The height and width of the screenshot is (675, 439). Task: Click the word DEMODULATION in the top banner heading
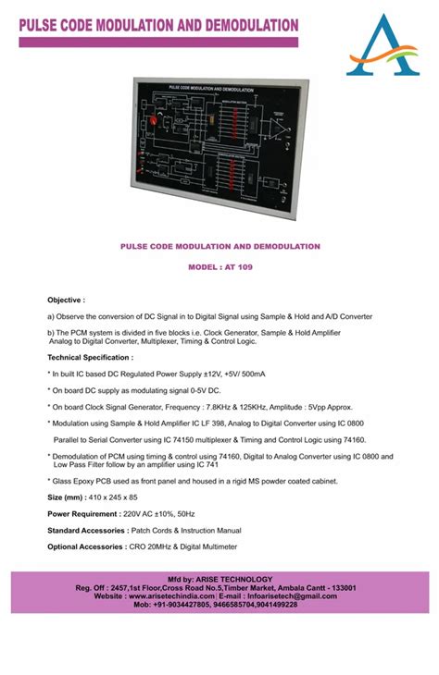[239, 25]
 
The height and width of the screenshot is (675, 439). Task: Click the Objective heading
[66, 301]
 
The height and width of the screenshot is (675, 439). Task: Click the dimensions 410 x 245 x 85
[112, 497]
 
